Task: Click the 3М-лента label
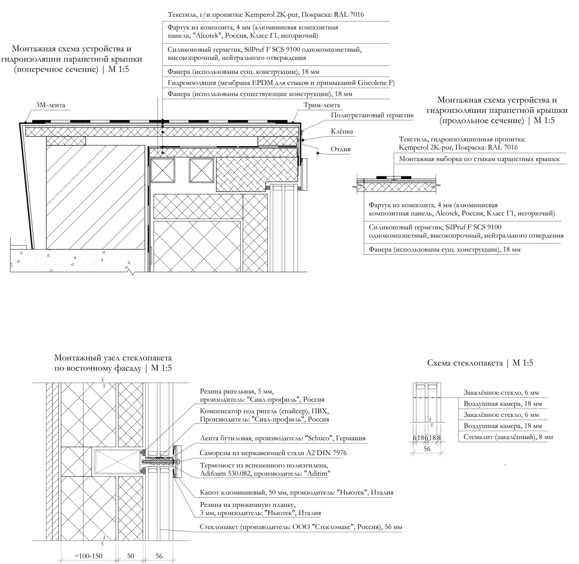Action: [x=50, y=105]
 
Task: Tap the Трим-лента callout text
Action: [x=322, y=105]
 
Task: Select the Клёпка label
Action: [x=342, y=131]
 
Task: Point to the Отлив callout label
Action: [x=340, y=149]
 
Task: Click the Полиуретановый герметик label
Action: [x=372, y=115]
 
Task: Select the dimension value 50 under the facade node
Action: [x=131, y=556]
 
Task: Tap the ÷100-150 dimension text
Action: [x=88, y=556]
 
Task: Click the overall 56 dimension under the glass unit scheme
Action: [x=427, y=449]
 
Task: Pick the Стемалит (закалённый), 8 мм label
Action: [x=508, y=437]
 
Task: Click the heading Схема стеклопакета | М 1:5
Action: [x=480, y=363]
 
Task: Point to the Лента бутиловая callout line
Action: [x=282, y=438]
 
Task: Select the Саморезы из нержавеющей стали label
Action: [x=273, y=453]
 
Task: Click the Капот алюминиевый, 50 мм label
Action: [x=296, y=492]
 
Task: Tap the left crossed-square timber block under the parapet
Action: [x=162, y=170]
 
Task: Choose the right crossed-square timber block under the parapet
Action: [x=201, y=170]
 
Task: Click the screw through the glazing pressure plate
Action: [x=161, y=462]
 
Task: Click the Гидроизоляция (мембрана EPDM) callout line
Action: [x=281, y=83]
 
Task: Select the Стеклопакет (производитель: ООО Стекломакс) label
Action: [x=301, y=527]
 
